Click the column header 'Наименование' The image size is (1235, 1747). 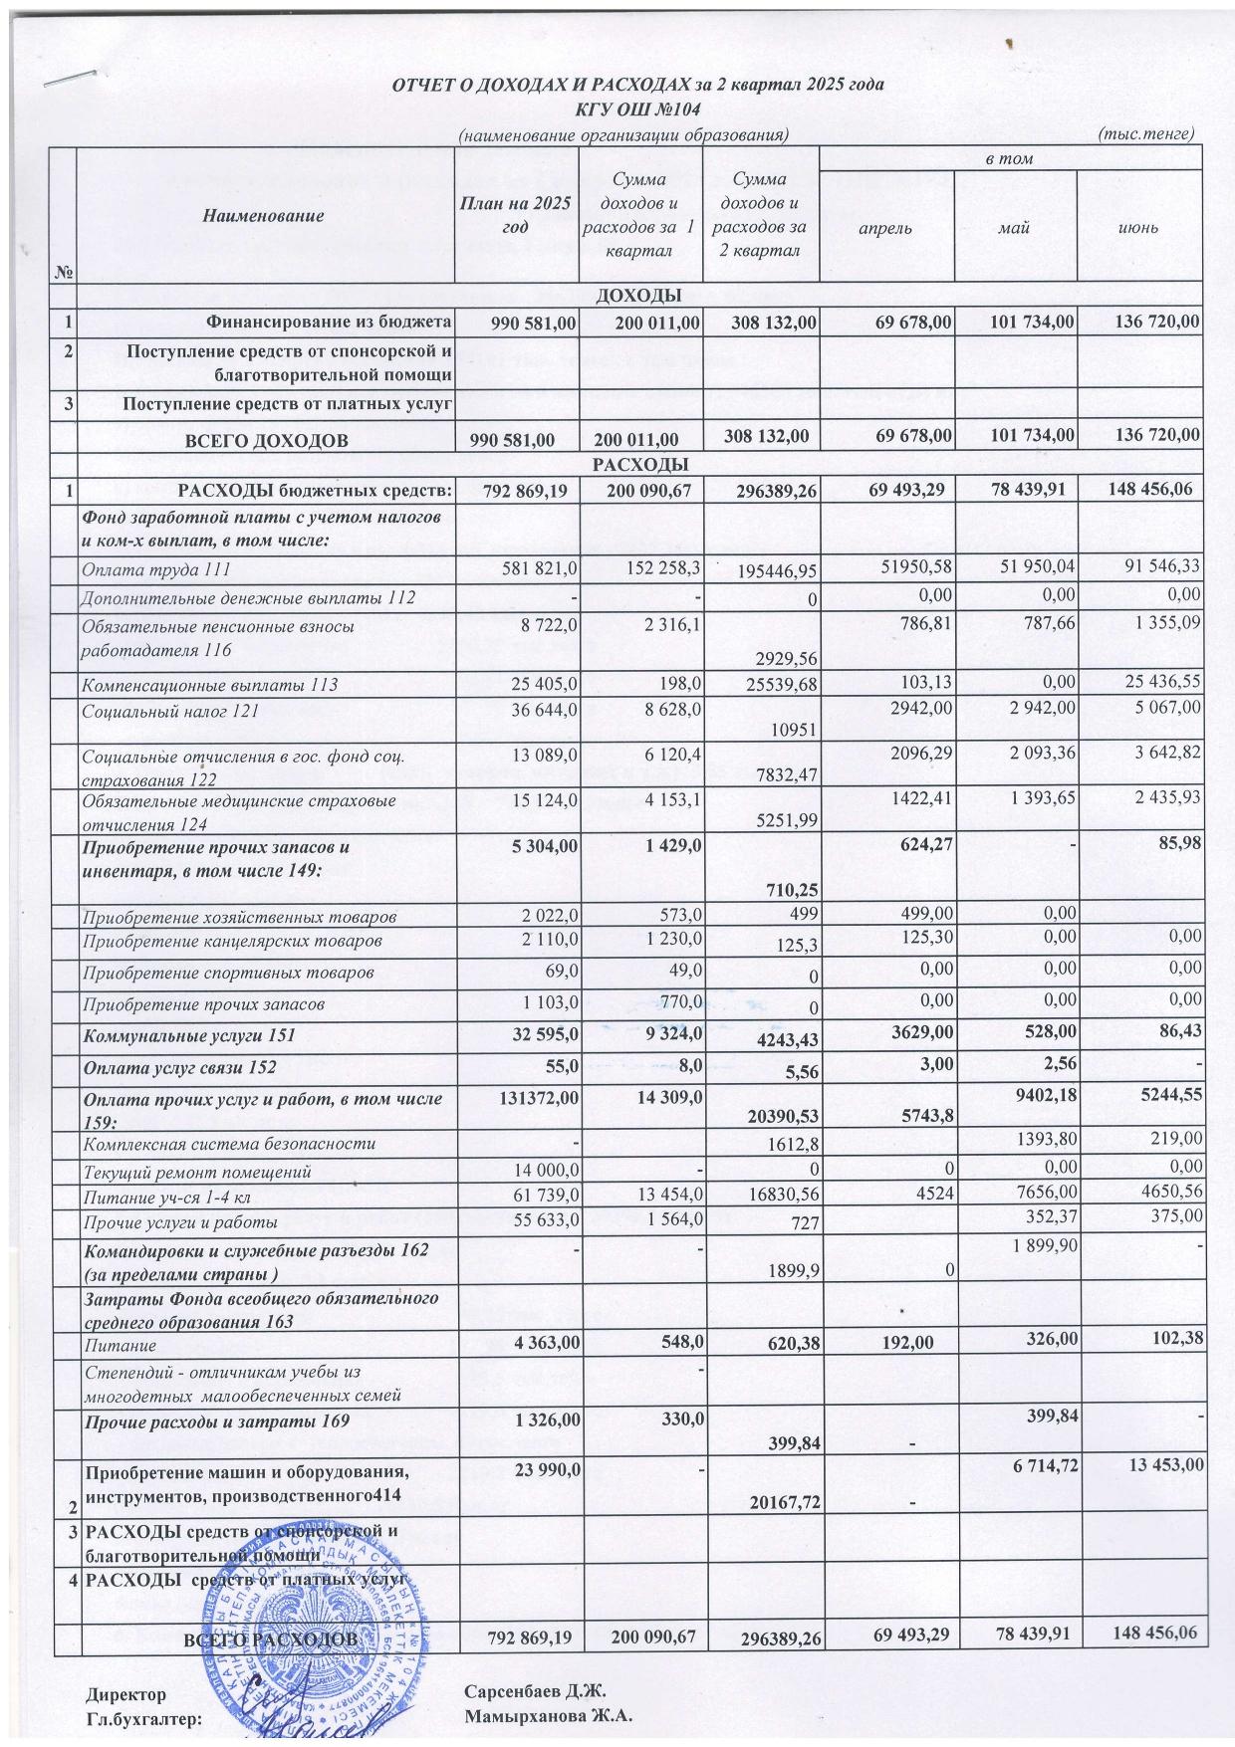pos(264,215)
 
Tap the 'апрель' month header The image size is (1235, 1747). pos(885,227)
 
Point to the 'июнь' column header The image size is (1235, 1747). pos(1139,227)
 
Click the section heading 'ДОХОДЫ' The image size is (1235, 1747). pos(637,295)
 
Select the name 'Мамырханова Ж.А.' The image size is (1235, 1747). pos(549,1716)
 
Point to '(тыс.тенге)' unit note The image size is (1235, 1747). pos(1144,133)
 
